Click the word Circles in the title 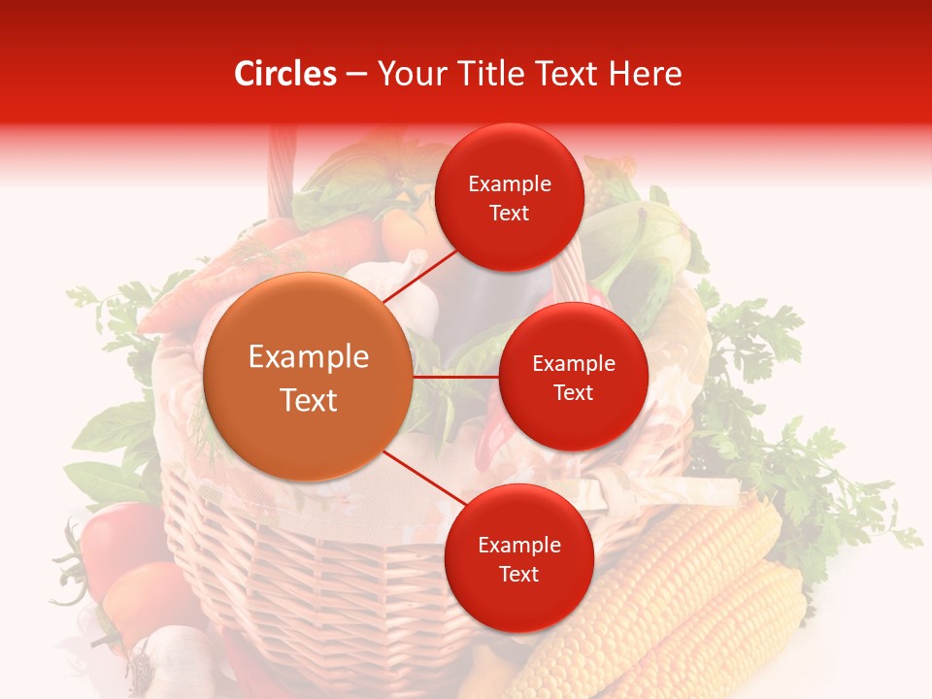[x=284, y=74]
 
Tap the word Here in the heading [x=645, y=74]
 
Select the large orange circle [x=309, y=378]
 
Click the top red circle [x=509, y=197]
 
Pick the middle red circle [x=573, y=377]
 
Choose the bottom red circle [x=518, y=558]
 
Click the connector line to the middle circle [x=456, y=377]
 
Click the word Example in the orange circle [x=309, y=357]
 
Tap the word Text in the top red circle [x=509, y=214]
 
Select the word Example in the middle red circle [x=573, y=364]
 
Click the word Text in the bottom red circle [x=518, y=575]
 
